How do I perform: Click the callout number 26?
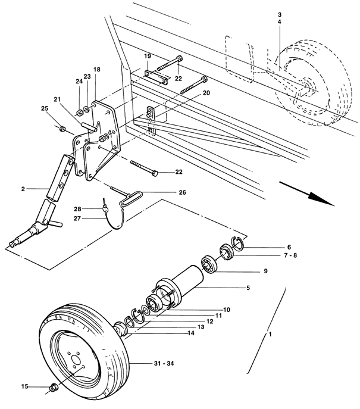pyautogui.click(x=182, y=192)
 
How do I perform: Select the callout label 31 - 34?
pyautogui.click(x=162, y=363)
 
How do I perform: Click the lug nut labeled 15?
pyautogui.click(x=54, y=386)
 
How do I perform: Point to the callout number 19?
pyautogui.click(x=148, y=56)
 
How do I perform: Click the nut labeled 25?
pyautogui.click(x=62, y=129)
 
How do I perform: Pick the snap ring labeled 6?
pyautogui.click(x=237, y=243)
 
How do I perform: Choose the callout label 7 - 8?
pyautogui.click(x=290, y=255)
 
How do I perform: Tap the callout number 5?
pyautogui.click(x=248, y=288)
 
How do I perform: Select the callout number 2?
pyautogui.click(x=23, y=189)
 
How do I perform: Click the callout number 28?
pyautogui.click(x=77, y=209)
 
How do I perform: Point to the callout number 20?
pyautogui.click(x=206, y=93)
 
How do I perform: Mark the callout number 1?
pyautogui.click(x=270, y=334)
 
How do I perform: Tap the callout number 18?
pyautogui.click(x=97, y=70)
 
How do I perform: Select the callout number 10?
pyautogui.click(x=227, y=310)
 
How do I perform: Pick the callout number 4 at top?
pyautogui.click(x=280, y=22)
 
